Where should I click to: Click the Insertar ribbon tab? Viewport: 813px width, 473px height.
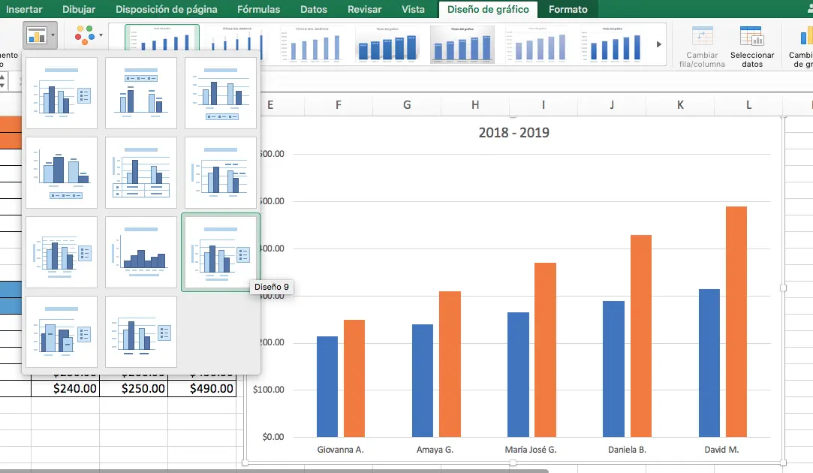[x=24, y=9]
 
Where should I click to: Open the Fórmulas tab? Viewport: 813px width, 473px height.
[x=258, y=9]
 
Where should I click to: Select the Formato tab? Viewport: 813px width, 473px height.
[x=568, y=9]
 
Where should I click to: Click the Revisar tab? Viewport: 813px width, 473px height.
[x=364, y=9]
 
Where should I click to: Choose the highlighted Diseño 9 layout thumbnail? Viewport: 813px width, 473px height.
[x=221, y=252]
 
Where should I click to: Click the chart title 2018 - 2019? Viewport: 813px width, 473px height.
[x=513, y=133]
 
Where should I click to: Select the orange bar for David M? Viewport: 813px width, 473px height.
[x=736, y=321]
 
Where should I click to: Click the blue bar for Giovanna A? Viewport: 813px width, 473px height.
[x=327, y=386]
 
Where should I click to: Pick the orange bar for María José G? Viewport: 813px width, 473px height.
[x=545, y=349]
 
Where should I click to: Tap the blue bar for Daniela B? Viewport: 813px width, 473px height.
[x=613, y=369]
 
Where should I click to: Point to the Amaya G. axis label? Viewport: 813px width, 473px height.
[x=435, y=450]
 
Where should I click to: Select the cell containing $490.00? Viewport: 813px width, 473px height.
[x=202, y=388]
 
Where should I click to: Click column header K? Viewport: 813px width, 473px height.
[x=680, y=105]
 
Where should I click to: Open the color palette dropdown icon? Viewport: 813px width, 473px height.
[x=89, y=35]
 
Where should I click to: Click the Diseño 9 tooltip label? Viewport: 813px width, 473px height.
[x=271, y=287]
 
